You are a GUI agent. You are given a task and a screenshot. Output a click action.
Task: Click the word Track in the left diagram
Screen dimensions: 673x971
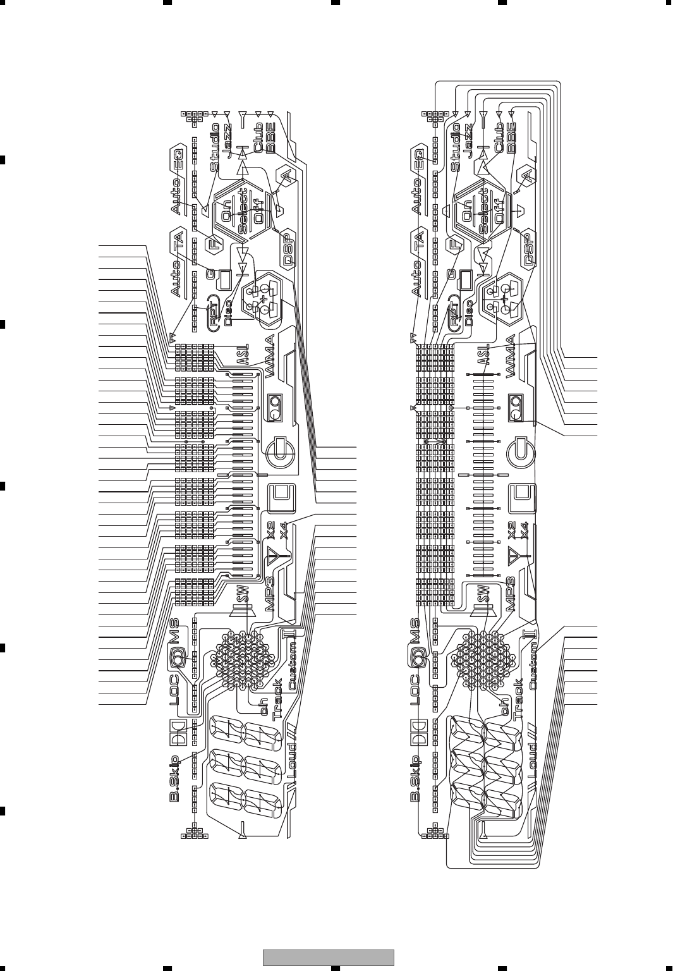tap(277, 699)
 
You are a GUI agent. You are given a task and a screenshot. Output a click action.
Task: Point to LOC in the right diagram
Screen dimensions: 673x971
tap(415, 689)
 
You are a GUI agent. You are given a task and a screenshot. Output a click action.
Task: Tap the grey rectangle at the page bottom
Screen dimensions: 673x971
tap(328, 957)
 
